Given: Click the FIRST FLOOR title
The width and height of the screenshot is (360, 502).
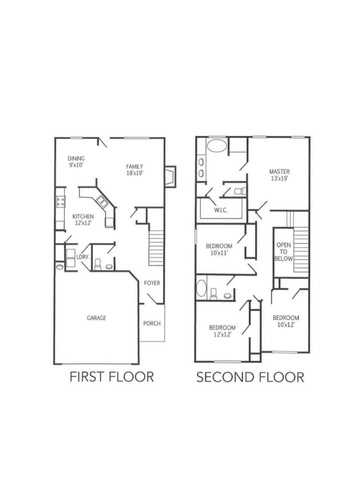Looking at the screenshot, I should point(111,377).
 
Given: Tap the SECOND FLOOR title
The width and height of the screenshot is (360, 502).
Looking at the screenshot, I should point(250,378).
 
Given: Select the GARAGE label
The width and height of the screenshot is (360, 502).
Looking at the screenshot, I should point(96,318).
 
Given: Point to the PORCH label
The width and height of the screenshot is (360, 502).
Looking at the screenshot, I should point(152,324).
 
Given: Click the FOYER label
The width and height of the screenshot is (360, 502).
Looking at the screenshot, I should point(152,283).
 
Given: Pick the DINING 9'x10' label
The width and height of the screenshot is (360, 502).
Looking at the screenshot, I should point(76,162).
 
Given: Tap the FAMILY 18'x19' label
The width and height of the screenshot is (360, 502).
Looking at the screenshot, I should point(135,170).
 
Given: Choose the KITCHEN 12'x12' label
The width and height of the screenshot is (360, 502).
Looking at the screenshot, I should point(83,219).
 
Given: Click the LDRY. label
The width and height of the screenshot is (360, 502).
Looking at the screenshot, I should point(83,257).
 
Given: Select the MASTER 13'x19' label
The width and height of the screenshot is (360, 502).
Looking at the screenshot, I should point(279,175).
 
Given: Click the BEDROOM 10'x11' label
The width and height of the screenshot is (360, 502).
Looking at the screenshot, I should point(219,249).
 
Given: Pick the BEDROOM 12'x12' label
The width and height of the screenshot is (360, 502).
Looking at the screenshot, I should point(222,331).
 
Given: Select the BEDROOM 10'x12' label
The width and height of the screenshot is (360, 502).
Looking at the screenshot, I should point(286,321).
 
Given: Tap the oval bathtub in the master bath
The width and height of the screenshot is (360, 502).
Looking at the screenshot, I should point(217,147).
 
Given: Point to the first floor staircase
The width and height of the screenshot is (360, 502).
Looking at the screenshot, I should point(157,248).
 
